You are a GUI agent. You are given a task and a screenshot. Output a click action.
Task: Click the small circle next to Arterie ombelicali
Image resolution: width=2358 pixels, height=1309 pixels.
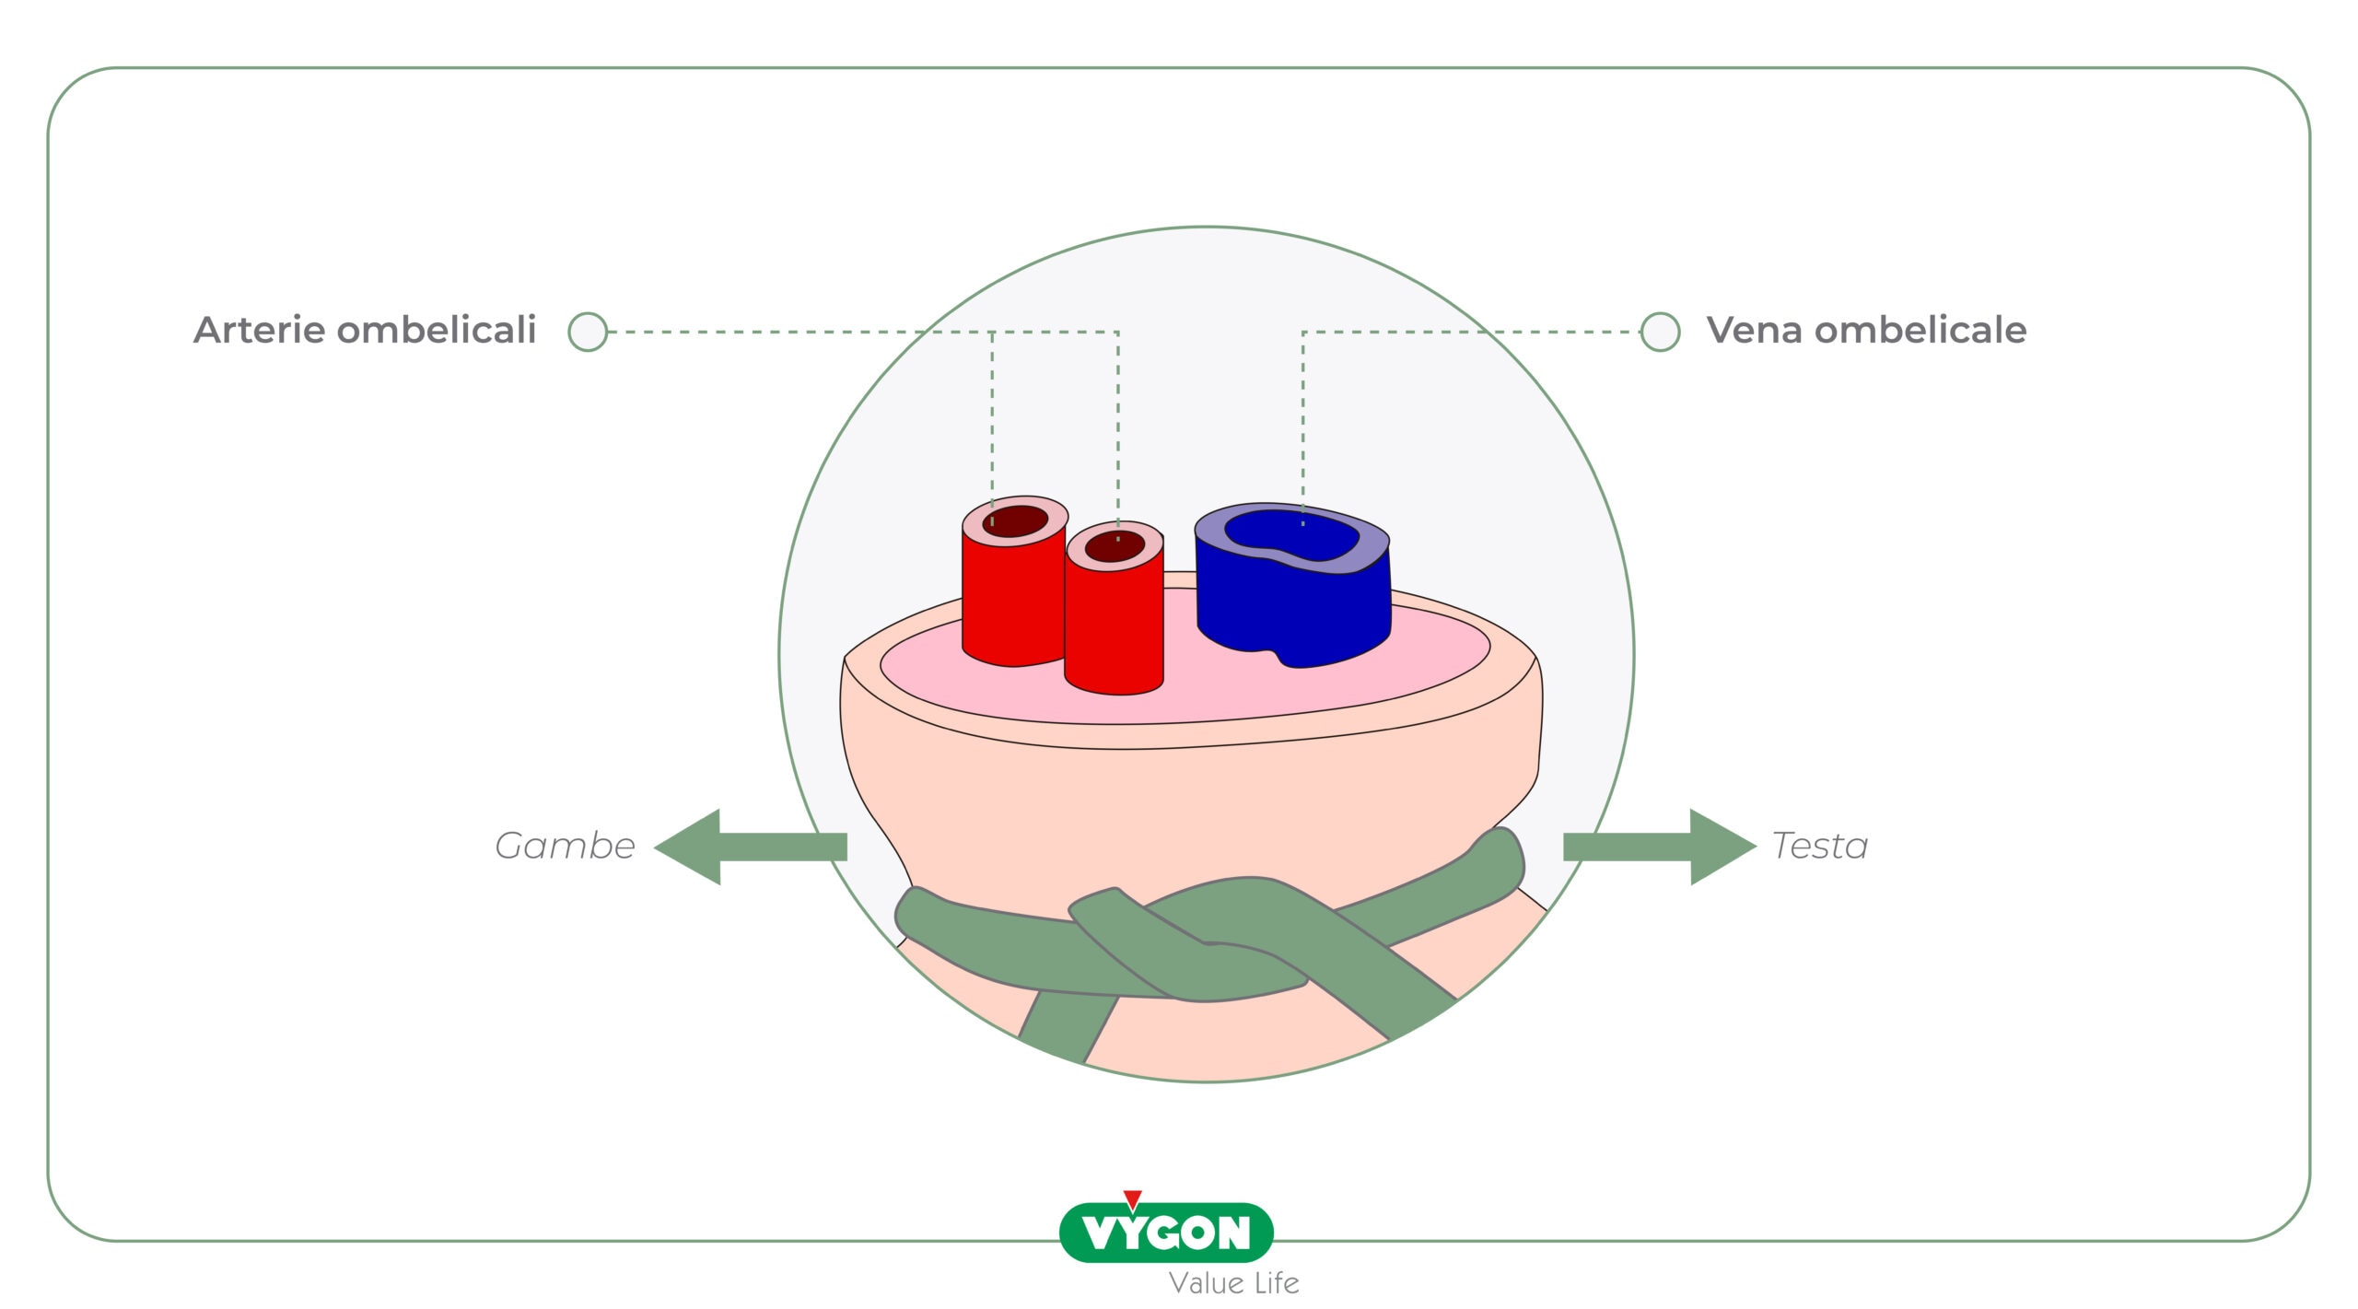[588, 332]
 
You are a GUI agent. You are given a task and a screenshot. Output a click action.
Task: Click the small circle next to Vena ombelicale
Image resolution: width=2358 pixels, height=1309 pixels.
[1660, 332]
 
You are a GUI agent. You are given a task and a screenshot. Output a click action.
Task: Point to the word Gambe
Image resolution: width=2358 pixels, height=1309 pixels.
[565, 846]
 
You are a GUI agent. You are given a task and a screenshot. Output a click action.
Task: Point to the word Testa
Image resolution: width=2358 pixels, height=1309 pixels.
[1820, 846]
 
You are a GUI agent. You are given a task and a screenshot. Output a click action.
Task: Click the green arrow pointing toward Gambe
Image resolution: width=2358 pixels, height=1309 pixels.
[750, 847]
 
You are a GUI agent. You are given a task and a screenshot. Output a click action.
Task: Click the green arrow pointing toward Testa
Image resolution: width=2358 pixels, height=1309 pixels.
[1660, 847]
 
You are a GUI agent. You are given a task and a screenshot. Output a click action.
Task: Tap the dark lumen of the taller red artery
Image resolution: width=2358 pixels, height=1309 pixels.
[1015, 521]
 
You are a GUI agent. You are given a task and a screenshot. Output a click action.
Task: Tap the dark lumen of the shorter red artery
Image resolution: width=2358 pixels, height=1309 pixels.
[1115, 546]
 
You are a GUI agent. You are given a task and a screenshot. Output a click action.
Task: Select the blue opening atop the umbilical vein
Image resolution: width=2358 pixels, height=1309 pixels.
[1291, 535]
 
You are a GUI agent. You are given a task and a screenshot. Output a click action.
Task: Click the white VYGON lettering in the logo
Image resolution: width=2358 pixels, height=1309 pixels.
[1166, 1233]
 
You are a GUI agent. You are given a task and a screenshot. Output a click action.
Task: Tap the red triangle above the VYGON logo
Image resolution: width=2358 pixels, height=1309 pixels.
[1133, 1199]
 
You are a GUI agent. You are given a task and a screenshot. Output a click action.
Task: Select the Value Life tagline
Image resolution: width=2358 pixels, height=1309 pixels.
[1233, 1282]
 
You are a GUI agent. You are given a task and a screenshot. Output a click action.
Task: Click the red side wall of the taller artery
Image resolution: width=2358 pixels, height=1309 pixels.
[1013, 599]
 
